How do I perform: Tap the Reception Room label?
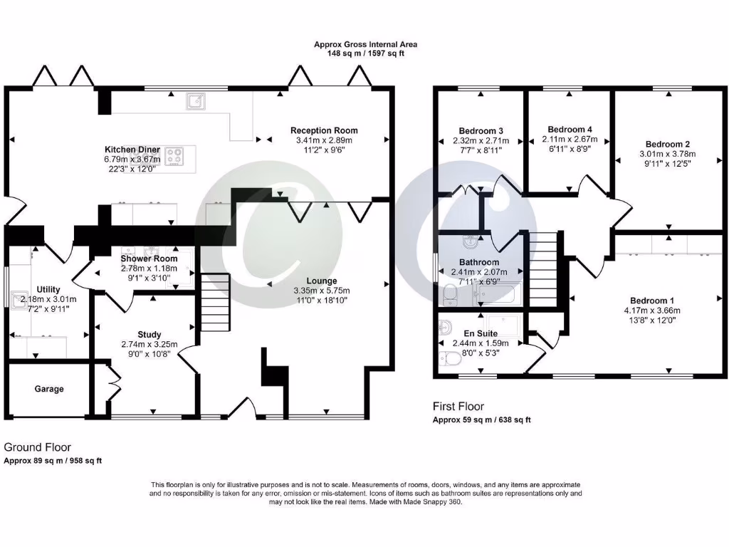324,130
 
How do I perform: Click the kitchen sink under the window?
196,102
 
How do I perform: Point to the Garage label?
49,389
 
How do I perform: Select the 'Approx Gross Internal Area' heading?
365,44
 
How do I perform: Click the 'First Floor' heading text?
458,406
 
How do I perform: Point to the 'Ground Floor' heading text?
38,447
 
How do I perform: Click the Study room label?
150,334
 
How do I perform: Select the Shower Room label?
149,259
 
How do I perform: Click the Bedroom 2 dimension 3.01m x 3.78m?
667,153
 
